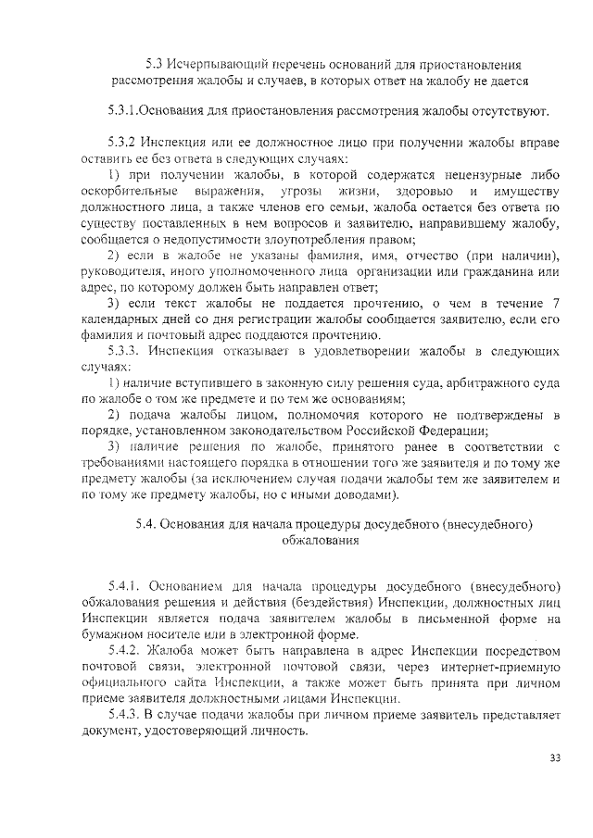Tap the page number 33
click(x=554, y=757)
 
